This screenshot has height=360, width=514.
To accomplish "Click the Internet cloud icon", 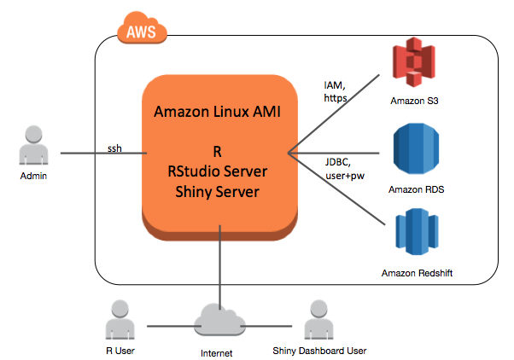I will tap(221, 322).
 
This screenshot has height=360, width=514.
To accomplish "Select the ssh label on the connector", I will tap(114, 148).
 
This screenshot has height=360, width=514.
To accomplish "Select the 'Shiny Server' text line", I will tap(219, 190).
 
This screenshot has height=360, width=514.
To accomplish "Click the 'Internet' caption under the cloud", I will tap(221, 351).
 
